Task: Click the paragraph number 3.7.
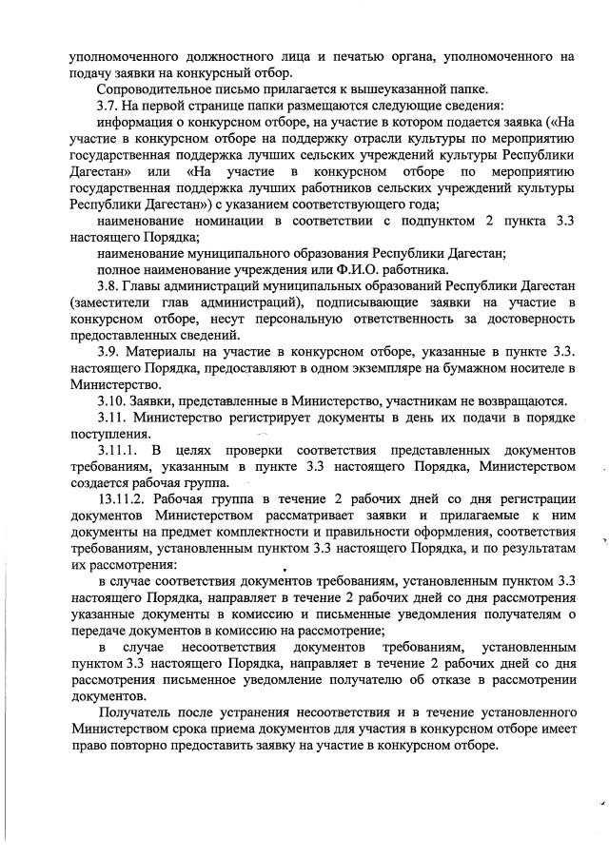[109, 107]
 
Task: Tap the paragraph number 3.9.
[109, 352]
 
